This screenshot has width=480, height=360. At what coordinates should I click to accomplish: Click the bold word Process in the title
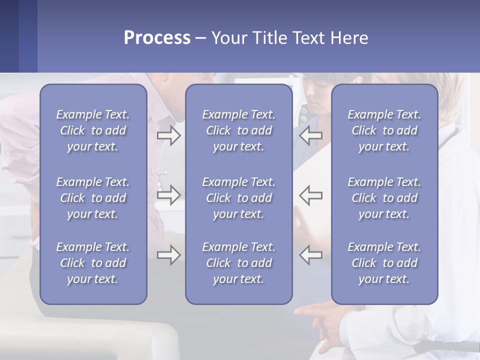click(x=157, y=38)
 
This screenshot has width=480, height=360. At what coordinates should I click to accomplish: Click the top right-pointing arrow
click(x=168, y=135)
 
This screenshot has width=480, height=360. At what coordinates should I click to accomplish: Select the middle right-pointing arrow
click(x=168, y=195)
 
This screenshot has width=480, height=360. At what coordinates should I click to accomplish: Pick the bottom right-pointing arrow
click(x=168, y=255)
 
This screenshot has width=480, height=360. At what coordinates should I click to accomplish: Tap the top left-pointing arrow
click(x=310, y=135)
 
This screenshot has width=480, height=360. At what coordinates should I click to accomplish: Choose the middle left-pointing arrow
click(x=310, y=195)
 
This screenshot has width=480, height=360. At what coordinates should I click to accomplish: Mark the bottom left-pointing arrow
click(x=310, y=255)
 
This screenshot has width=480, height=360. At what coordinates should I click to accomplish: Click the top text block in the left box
click(x=93, y=130)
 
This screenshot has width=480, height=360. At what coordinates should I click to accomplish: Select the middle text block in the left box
click(x=93, y=198)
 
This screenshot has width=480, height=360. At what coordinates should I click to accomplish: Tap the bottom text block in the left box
click(x=93, y=263)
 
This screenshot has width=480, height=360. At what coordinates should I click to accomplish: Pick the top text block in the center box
click(x=238, y=130)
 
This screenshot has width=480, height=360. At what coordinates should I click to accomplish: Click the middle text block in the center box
click(x=238, y=198)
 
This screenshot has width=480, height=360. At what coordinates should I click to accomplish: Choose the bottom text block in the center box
click(x=238, y=263)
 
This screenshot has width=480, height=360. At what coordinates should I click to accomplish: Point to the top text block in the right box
click(x=384, y=130)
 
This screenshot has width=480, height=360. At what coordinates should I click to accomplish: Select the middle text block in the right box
click(x=384, y=198)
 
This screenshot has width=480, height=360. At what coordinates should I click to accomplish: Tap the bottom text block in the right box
click(x=384, y=263)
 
